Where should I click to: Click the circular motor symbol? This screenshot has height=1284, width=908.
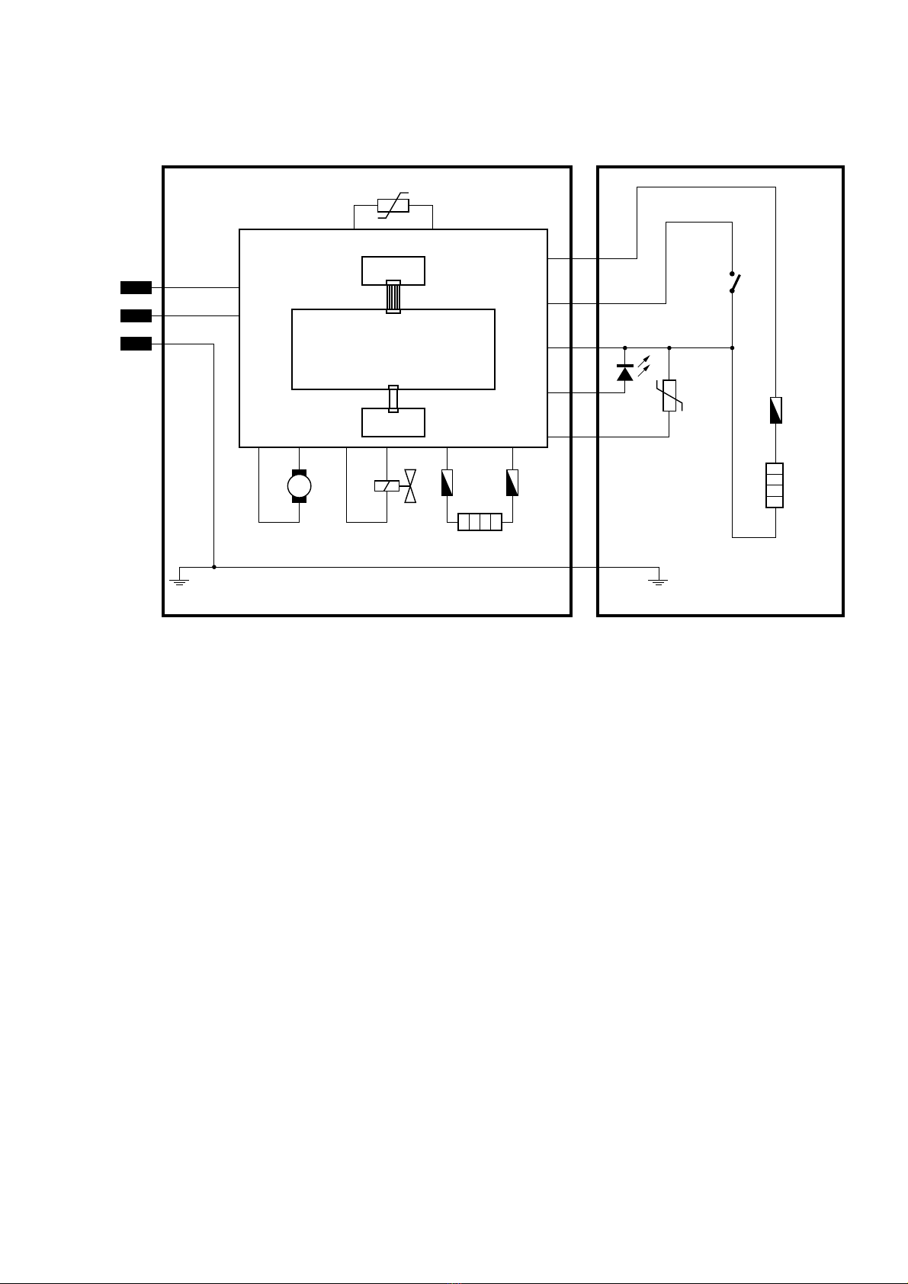coord(299,485)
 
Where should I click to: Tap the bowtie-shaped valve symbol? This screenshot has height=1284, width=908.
coord(410,485)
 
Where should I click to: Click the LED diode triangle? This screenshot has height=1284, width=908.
coord(624,373)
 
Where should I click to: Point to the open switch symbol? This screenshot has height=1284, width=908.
coord(733,282)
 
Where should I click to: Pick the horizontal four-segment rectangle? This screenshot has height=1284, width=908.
coord(480,522)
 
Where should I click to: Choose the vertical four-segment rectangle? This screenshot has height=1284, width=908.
coord(775,485)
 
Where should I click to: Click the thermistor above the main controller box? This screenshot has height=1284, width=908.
coord(393,206)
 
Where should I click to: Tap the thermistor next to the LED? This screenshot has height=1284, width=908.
coord(669,395)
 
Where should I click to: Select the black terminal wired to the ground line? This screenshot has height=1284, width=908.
coord(136,344)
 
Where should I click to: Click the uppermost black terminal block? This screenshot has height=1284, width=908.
coord(136,287)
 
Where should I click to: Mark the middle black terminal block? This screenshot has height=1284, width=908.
coord(136,315)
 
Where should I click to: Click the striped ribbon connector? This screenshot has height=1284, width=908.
coord(393,297)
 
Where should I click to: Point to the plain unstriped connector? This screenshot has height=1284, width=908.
coord(393,399)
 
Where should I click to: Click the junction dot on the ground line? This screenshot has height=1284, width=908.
coord(214,567)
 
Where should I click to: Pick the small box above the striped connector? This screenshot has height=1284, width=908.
coord(393,270)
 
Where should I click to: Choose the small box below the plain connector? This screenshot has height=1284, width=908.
coord(393,423)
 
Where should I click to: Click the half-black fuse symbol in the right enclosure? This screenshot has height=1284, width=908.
coord(775,411)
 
